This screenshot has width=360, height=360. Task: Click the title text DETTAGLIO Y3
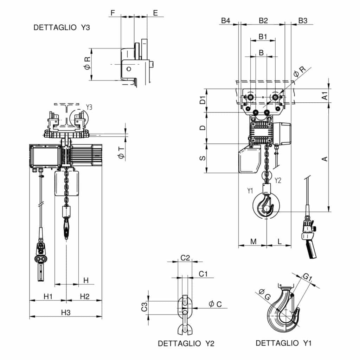click(x=62, y=28)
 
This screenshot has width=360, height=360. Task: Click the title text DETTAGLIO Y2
click(x=186, y=343)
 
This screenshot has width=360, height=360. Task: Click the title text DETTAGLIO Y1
click(x=283, y=343)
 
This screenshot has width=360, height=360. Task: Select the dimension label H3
click(x=66, y=312)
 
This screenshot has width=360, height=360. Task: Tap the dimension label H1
click(x=48, y=296)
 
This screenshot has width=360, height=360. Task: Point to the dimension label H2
click(x=84, y=296)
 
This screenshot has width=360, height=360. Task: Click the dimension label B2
click(x=263, y=20)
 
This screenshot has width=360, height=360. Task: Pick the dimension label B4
click(x=225, y=20)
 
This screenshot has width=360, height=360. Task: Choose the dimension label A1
click(x=325, y=95)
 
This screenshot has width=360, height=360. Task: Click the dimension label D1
click(x=202, y=101)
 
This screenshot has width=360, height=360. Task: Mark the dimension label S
click(x=202, y=159)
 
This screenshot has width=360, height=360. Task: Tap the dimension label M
click(x=253, y=241)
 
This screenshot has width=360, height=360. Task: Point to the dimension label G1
click(x=308, y=278)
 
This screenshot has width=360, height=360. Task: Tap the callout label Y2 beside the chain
click(x=278, y=181)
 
